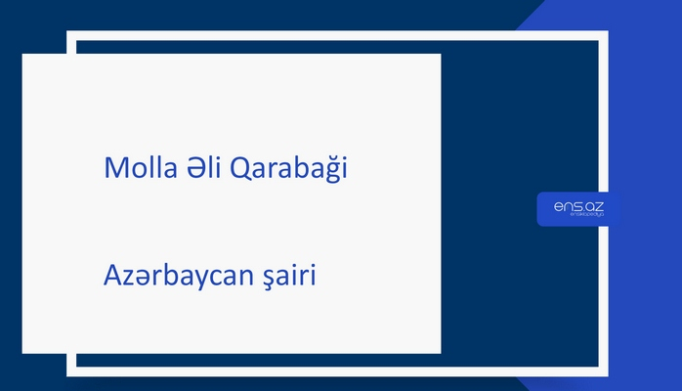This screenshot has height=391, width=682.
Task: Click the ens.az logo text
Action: [576, 206]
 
